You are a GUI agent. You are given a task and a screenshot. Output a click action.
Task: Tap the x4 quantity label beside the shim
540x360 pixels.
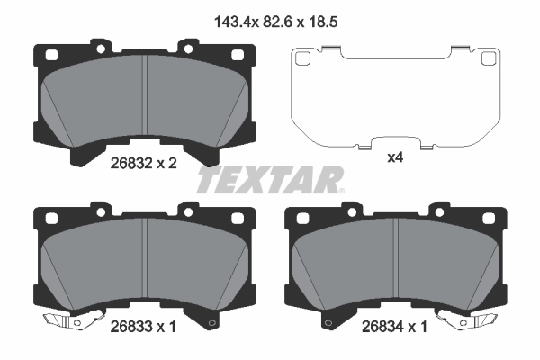tap(393, 158)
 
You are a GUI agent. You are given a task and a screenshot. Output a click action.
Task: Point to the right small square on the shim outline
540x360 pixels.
tap(488, 59)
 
